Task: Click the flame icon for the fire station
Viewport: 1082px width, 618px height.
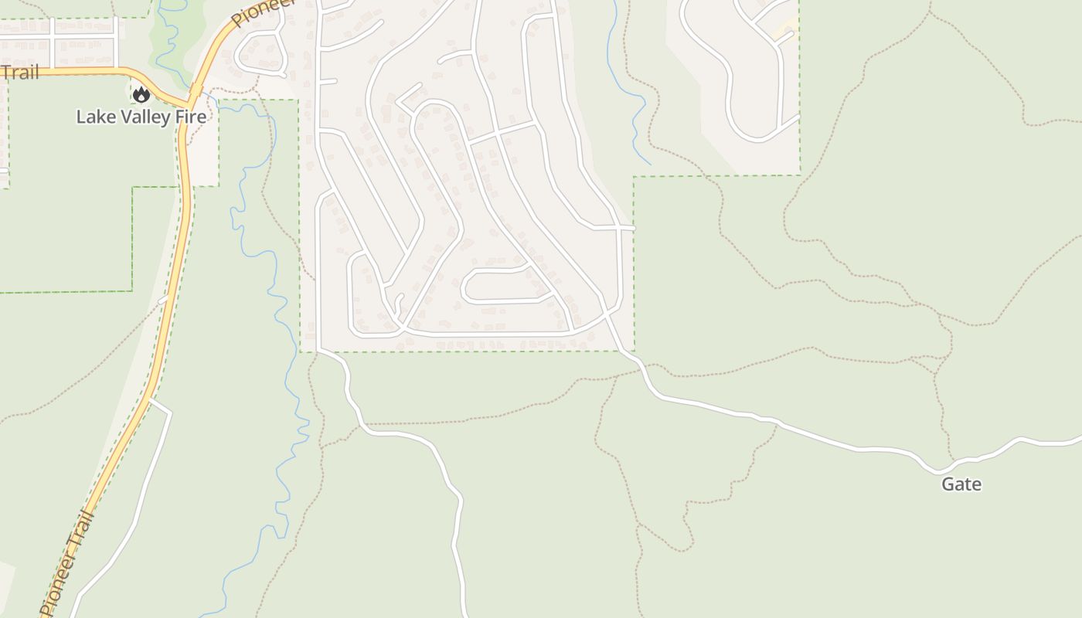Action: click(x=141, y=95)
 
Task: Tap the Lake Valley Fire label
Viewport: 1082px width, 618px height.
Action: click(x=141, y=117)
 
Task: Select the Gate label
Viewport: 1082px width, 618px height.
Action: click(x=961, y=484)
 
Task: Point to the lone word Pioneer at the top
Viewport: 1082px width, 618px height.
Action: click(x=264, y=12)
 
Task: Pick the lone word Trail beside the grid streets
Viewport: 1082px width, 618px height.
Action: click(x=19, y=73)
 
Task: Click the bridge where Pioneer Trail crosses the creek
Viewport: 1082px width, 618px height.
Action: click(x=196, y=91)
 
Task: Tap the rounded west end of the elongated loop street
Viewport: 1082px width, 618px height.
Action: click(x=464, y=287)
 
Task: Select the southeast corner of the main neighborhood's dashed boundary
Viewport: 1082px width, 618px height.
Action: click(x=634, y=351)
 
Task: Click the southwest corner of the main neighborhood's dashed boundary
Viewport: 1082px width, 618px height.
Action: click(x=301, y=351)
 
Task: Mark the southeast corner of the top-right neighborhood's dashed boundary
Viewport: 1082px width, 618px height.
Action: click(x=800, y=175)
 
